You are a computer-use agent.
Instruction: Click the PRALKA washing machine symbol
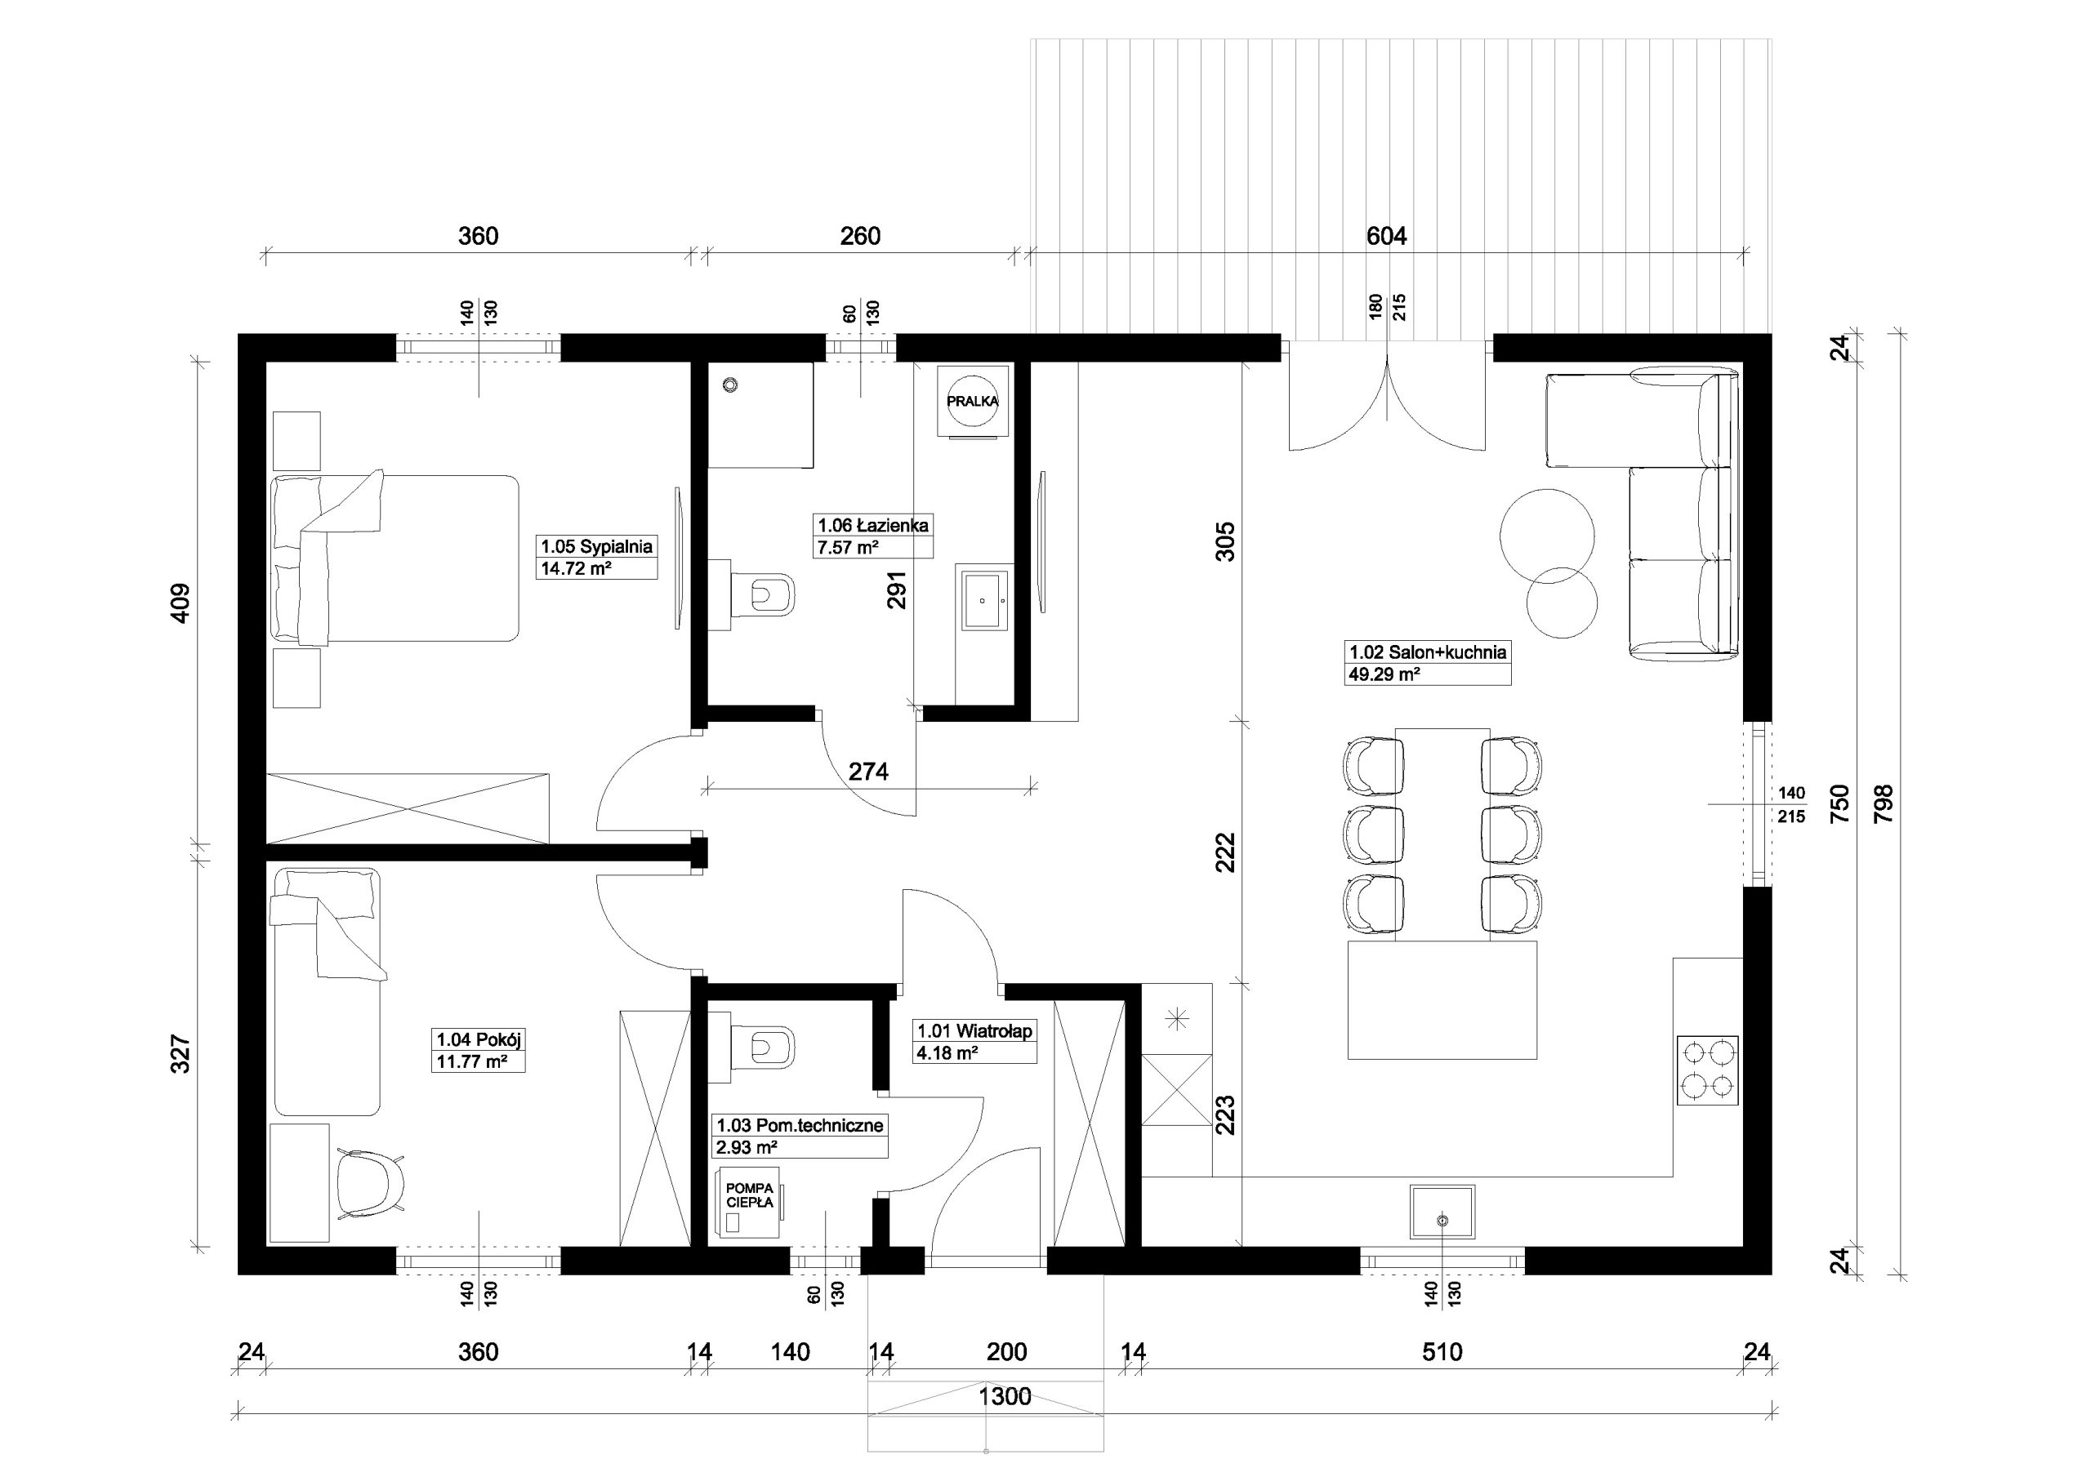pos(973,401)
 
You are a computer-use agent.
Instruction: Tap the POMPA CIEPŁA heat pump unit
pos(750,1201)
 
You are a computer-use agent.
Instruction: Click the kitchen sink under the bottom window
pos(1442,1211)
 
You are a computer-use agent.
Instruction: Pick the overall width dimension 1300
pos(1005,1396)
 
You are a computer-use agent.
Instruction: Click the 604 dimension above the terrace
pos(1386,236)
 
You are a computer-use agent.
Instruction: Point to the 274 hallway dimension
pos(868,772)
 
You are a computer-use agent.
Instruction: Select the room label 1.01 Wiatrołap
pos(974,1031)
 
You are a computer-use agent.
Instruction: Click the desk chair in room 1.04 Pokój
pos(370,1182)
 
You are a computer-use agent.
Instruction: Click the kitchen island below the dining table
pos(1442,1000)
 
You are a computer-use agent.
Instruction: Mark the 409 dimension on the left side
pos(181,603)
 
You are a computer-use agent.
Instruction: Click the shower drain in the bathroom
pos(729,385)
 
